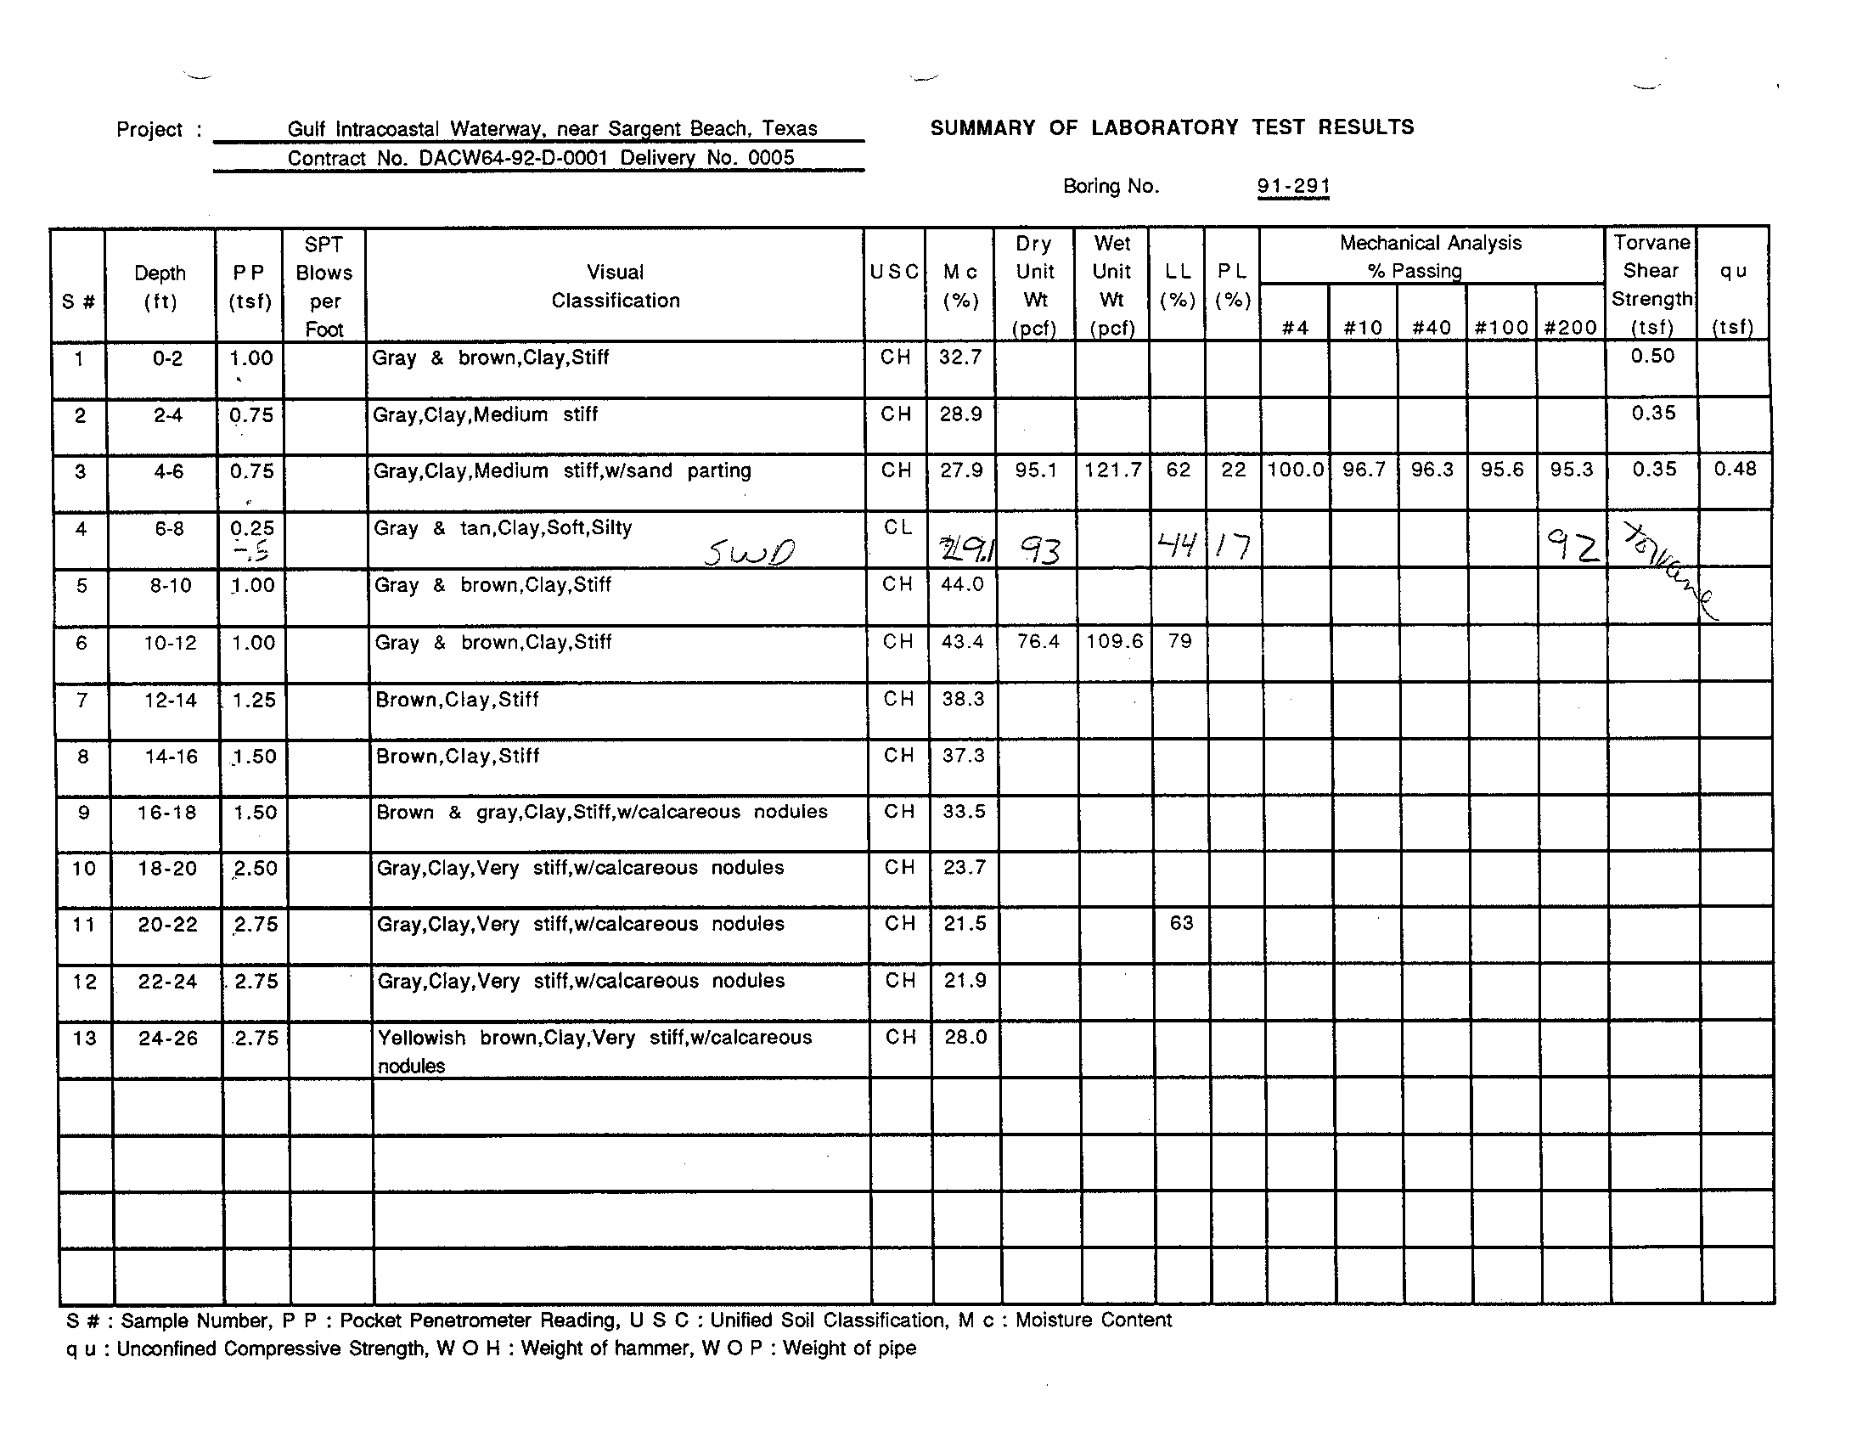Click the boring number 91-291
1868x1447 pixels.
(1292, 187)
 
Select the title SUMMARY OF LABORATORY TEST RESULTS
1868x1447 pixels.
(1172, 127)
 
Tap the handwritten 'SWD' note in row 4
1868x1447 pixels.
(749, 554)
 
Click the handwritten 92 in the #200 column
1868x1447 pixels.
(1573, 546)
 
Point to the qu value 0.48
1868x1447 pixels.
(1735, 469)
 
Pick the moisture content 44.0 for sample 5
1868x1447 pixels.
(962, 585)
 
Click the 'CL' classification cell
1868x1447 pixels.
(897, 527)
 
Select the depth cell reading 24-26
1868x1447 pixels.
(167, 1039)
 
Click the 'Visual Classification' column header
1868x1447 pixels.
(615, 285)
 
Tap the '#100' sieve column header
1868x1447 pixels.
(1501, 328)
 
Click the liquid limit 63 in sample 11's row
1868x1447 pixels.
(1181, 923)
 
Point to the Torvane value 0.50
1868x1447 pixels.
(1651, 356)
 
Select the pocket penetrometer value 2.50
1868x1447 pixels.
(255, 869)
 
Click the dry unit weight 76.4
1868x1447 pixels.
(1038, 641)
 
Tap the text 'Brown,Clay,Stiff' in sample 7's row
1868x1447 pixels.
(457, 700)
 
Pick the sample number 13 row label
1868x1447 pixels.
(84, 1039)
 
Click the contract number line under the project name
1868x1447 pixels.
(541, 158)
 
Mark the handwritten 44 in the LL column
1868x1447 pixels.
(1176, 544)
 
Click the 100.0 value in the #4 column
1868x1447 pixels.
(1295, 470)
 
